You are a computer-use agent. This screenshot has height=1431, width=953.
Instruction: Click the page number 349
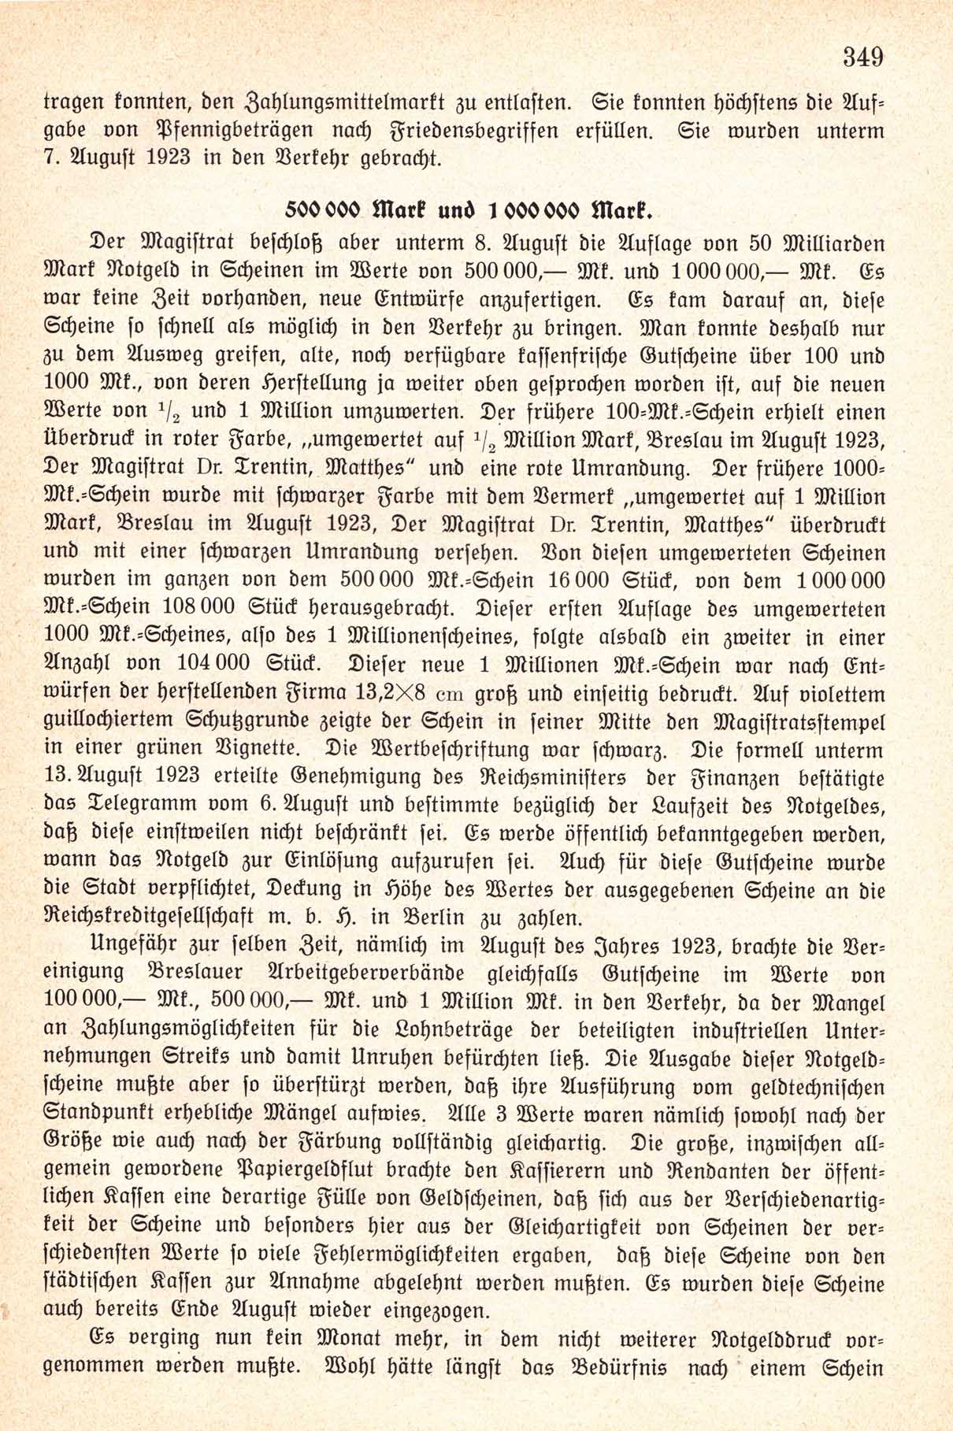[x=863, y=57]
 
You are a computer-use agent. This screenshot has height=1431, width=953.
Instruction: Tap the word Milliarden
[x=835, y=243]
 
